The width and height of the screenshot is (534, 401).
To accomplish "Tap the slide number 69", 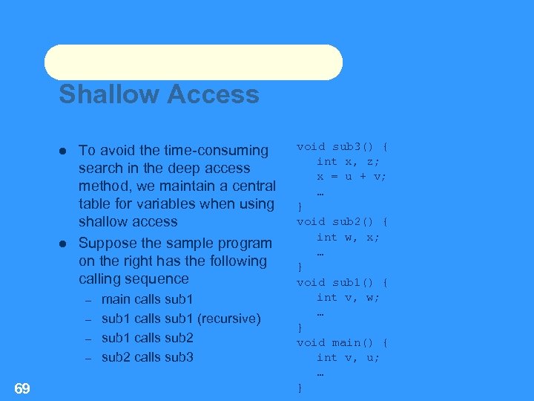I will point(22,388).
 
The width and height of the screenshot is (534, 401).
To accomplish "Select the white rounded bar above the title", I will point(193,62).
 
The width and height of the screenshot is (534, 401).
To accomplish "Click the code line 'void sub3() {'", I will point(343,146).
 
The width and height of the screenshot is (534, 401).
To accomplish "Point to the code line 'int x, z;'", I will point(348,161).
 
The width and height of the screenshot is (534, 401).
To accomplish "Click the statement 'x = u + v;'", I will point(352,176).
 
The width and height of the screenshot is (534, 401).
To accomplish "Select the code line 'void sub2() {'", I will point(343,221).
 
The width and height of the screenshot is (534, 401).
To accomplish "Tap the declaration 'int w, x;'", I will point(348,237).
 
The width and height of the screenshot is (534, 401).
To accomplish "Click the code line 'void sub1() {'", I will point(343,282).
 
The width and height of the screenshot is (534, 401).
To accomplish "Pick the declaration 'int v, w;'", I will point(348,297).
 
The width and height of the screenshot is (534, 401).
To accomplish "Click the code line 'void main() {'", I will point(343,342).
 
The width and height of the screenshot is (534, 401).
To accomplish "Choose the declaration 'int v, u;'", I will point(348,358).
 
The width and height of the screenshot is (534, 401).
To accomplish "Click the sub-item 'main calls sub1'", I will point(147,299).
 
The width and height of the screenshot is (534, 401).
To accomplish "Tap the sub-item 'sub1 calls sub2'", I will point(147,338).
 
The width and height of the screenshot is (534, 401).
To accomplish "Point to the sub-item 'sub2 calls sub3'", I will point(147,357).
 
